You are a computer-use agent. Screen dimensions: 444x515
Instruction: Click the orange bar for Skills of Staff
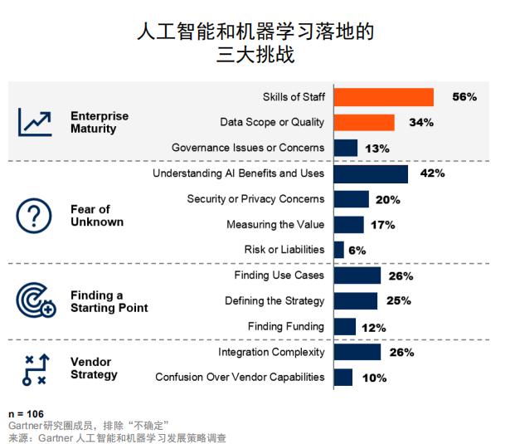click(383, 97)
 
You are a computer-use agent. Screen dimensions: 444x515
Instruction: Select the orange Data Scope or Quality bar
click(364, 123)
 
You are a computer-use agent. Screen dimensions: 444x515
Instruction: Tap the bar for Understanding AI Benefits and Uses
click(371, 173)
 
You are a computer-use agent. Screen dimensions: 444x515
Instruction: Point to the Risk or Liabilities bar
click(338, 250)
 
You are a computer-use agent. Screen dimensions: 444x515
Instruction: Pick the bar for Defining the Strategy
click(355, 300)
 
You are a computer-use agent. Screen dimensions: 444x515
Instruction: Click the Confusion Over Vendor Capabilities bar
click(343, 378)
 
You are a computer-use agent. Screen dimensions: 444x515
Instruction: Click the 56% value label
click(464, 97)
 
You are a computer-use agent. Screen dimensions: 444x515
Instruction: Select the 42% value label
click(432, 173)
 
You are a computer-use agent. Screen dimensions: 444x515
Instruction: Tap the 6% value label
click(357, 250)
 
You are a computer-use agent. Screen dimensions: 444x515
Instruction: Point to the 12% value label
click(373, 327)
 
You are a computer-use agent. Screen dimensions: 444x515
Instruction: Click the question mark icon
click(34, 216)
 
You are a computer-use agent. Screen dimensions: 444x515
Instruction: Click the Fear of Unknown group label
click(96, 216)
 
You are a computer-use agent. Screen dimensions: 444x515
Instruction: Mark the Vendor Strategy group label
click(94, 368)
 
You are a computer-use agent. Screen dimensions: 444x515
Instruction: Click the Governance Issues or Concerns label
click(247, 148)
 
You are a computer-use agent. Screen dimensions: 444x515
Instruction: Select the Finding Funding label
click(285, 326)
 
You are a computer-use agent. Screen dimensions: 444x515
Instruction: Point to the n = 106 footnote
click(26, 413)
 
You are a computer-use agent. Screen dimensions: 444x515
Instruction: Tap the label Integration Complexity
click(271, 353)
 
